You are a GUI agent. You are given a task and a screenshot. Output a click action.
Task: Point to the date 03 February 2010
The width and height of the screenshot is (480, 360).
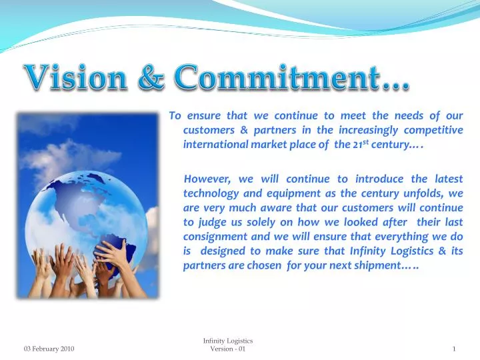click(x=49, y=349)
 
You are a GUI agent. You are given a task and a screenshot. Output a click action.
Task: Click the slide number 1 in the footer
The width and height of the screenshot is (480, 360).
click(x=453, y=349)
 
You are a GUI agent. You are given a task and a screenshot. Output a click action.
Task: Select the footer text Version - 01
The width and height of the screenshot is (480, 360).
click(x=227, y=349)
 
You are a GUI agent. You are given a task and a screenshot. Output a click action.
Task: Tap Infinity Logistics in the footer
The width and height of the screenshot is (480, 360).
click(x=227, y=341)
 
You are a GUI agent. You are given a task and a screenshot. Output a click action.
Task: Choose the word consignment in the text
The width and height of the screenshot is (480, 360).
click(x=214, y=236)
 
